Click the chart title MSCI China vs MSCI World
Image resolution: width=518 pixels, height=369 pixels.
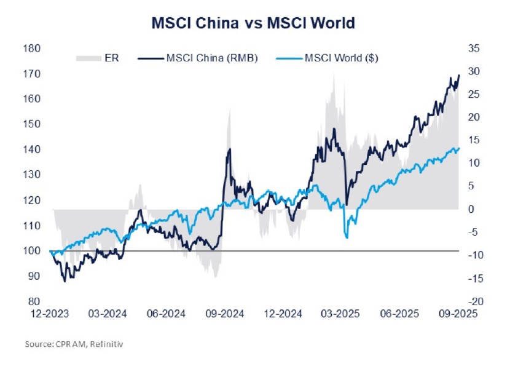coord(253,23)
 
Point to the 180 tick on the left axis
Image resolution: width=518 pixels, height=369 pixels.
coord(33,49)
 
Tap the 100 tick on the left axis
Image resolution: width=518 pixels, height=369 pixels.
coord(33,251)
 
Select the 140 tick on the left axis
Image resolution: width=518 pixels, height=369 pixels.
coord(33,149)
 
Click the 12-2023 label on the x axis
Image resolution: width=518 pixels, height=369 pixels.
coord(50,314)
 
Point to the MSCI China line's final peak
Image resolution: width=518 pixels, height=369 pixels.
coord(459,75)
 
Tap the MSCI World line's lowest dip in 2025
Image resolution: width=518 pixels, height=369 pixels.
coord(347,237)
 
